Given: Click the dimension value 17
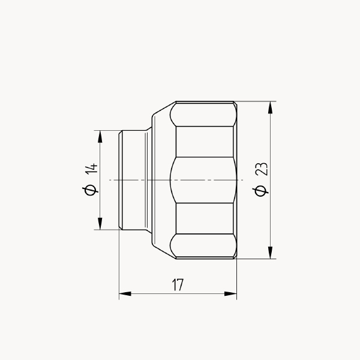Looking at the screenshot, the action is point(178,284).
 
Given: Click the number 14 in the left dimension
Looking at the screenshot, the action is point(91,169).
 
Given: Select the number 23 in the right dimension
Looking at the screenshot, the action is point(262,169).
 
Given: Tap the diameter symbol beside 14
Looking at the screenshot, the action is point(90,190).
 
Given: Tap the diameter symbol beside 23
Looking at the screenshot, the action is point(260,191).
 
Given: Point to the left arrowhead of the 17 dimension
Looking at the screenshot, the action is point(125,293).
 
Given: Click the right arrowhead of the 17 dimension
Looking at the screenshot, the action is point(230,293).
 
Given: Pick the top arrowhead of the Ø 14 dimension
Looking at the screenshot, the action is point(100,137).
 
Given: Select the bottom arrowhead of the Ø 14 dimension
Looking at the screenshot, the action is point(100,223).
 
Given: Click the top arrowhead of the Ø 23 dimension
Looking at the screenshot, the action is point(271,107).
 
